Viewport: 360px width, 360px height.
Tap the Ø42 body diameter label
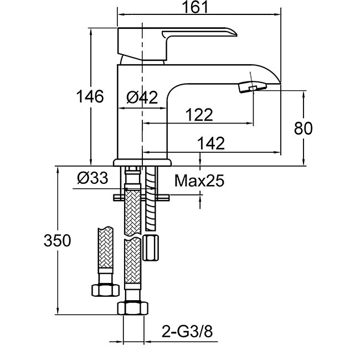(x=142, y=98)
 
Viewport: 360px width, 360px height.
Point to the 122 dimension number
(x=199, y=115)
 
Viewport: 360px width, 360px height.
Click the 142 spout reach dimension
(x=211, y=143)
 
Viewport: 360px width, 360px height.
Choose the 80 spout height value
(x=303, y=128)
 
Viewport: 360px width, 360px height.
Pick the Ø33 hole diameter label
(x=92, y=178)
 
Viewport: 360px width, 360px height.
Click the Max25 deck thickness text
(x=199, y=181)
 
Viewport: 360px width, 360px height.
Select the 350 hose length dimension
(x=58, y=241)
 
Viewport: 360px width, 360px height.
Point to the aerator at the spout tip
(x=252, y=87)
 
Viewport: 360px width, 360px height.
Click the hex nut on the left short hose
(x=105, y=289)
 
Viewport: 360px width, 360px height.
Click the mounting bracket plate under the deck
(x=142, y=196)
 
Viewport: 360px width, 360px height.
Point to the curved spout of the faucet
(x=222, y=75)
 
